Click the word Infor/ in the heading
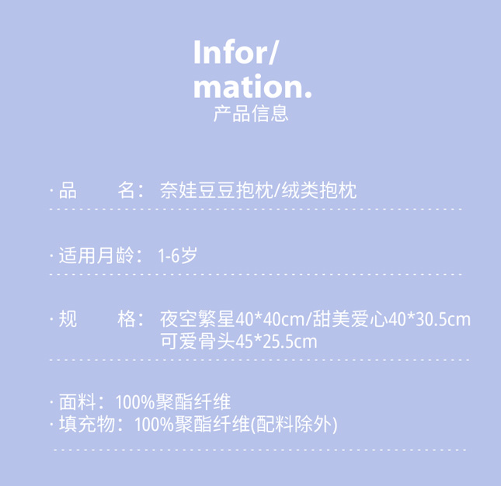(x=235, y=54)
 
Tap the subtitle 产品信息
(x=250, y=113)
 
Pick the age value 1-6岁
(x=176, y=255)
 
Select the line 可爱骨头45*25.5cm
(x=238, y=341)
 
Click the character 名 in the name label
(x=127, y=190)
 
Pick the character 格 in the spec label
(x=127, y=319)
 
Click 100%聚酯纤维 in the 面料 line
(x=172, y=402)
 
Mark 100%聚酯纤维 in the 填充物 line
(x=191, y=424)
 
